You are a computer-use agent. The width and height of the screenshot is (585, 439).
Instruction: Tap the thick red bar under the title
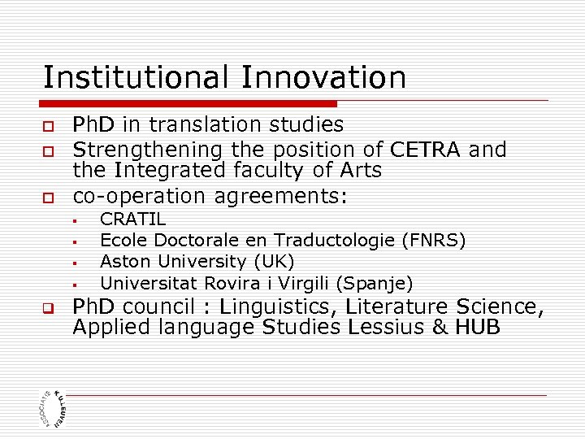[x=188, y=104]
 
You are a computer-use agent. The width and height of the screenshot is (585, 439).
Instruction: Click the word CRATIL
[x=132, y=219]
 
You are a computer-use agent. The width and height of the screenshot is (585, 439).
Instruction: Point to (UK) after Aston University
[x=274, y=262]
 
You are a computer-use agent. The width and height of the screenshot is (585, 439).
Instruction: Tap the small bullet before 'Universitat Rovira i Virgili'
[x=73, y=285]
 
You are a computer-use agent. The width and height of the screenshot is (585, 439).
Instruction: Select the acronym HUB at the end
[x=478, y=328]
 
